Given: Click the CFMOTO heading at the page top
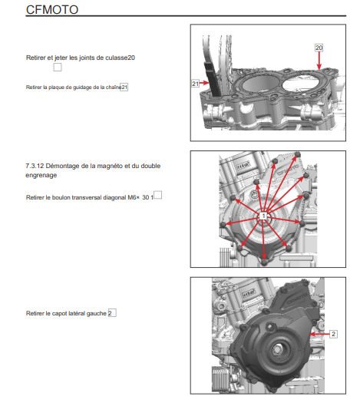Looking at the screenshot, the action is coord(52,10).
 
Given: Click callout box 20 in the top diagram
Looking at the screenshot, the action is coord(319,48).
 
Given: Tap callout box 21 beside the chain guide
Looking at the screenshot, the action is coord(195,84).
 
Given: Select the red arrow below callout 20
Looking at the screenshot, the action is coord(319,61).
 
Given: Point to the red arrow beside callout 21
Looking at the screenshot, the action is coord(204,83).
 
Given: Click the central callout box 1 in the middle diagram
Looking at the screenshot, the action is coord(263,216).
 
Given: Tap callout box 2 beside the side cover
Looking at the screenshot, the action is coord(333,334).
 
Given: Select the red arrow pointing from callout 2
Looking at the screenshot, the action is coord(319,334).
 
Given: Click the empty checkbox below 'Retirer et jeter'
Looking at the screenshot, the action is coord(58,68).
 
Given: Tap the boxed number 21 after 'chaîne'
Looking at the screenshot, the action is coord(124,87).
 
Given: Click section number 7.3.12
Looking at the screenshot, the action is coord(35,166).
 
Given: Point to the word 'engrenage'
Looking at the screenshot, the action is coord(41,175).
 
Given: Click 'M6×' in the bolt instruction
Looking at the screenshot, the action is coord(134,197).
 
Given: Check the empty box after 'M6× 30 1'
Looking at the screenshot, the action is coord(158,195).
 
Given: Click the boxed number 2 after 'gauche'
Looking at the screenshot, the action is coord(112,313).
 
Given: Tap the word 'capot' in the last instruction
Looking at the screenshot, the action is coord(58,313).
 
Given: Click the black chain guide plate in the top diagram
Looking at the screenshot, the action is coord(212,78).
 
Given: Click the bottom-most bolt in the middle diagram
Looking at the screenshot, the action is coord(264,262).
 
